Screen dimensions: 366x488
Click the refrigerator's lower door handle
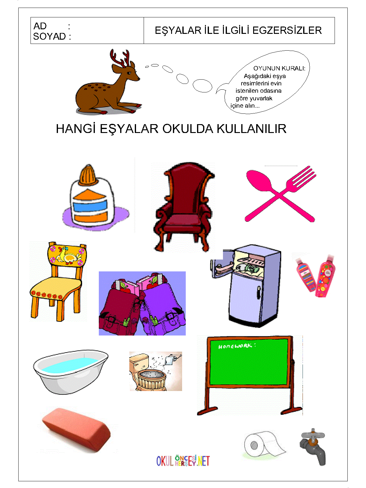click(259, 292)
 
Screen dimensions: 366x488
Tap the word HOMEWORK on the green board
click(235, 346)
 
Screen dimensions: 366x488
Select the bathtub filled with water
click(71, 371)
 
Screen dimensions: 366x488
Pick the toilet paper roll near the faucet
click(263, 445)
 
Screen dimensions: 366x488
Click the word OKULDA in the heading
click(188, 129)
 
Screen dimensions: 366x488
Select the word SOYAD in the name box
click(49, 36)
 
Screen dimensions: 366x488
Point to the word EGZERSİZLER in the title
click(287, 30)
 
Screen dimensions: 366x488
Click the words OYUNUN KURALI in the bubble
click(279, 68)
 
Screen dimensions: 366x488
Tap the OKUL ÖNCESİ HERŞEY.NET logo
click(183, 461)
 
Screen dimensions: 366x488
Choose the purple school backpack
click(163, 305)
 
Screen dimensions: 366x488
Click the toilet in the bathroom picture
click(148, 372)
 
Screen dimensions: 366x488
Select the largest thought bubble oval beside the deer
click(202, 86)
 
